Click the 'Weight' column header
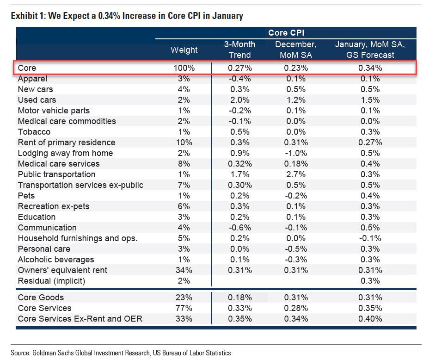click(x=184, y=50)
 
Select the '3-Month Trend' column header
click(x=239, y=50)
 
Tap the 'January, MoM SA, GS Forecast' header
click(x=370, y=50)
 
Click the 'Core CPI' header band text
click(x=286, y=33)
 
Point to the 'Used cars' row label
click(x=37, y=100)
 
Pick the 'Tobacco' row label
click(x=34, y=132)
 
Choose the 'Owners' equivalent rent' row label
click(x=62, y=270)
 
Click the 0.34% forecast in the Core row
click(x=370, y=68)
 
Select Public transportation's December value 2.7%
click(x=296, y=174)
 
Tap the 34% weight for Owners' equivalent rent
click(x=184, y=270)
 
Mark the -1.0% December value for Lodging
click(x=296, y=153)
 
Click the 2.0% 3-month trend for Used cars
click(x=239, y=100)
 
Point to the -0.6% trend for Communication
click(x=239, y=228)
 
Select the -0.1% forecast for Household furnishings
click(x=370, y=238)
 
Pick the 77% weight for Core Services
click(x=184, y=308)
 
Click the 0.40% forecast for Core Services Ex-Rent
click(x=370, y=319)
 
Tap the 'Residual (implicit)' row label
click(x=52, y=281)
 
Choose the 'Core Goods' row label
click(x=41, y=298)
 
